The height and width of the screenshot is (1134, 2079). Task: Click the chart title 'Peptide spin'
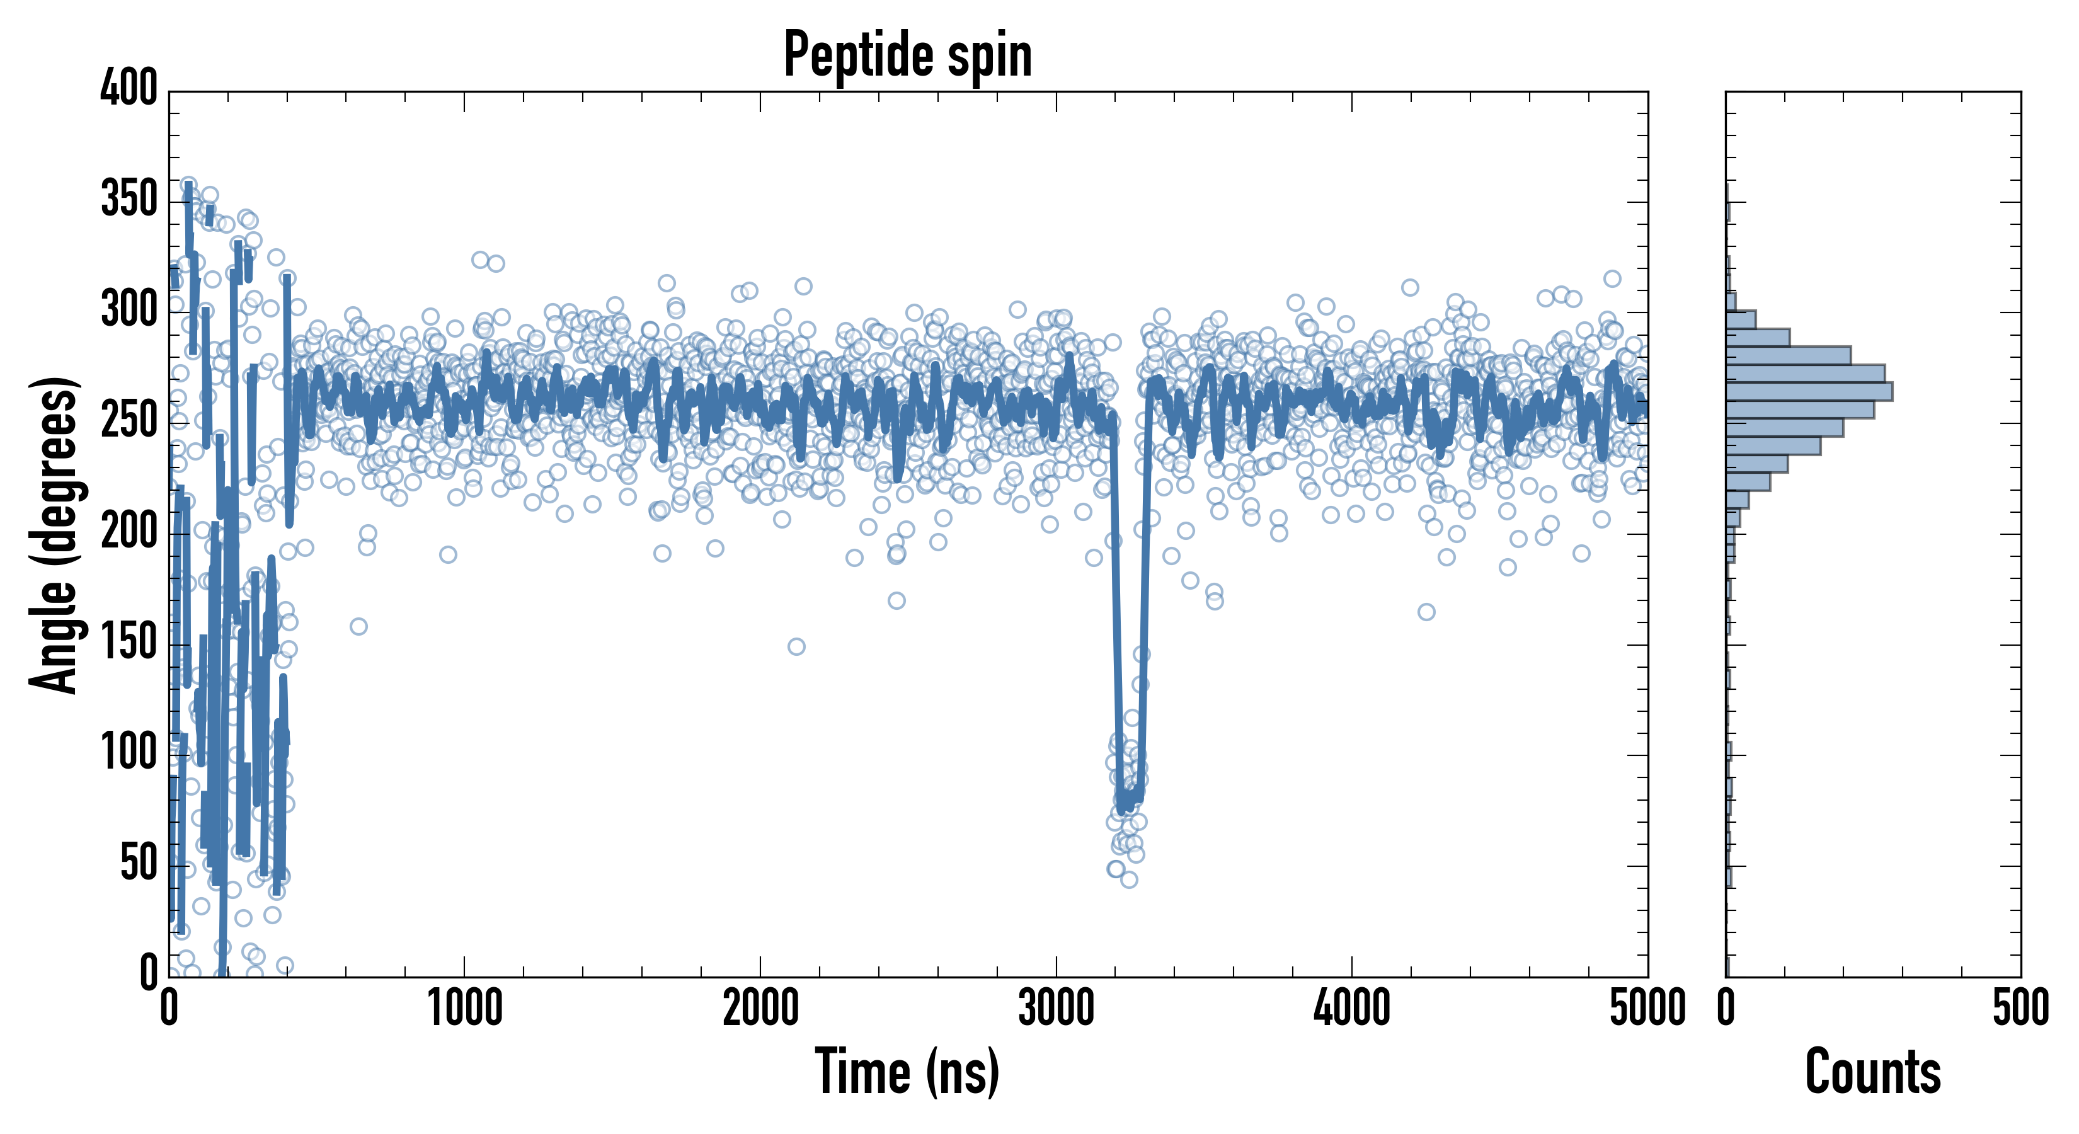[x=907, y=55]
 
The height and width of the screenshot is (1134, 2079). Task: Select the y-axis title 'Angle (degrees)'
[x=54, y=534]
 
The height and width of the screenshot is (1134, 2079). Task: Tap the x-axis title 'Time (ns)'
[x=907, y=1072]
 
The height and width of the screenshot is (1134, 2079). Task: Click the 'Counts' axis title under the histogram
[x=1872, y=1072]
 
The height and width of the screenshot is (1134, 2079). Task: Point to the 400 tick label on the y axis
[x=129, y=87]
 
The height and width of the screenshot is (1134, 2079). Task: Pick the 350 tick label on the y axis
[x=129, y=198]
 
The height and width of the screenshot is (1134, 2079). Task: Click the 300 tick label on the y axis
[x=129, y=309]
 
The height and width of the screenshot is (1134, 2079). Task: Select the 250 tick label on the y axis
[x=129, y=420]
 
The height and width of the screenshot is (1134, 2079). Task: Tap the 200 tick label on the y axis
[x=129, y=531]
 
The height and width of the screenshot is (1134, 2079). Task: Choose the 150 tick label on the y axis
[x=129, y=643]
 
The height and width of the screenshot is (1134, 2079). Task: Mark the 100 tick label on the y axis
[x=129, y=753]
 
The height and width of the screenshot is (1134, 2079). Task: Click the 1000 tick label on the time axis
[x=465, y=1009]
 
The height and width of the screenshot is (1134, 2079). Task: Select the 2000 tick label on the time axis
[x=760, y=1009]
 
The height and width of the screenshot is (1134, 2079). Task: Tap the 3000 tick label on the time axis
[x=1056, y=1009]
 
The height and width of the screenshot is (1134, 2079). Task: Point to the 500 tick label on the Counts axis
[x=2020, y=1009]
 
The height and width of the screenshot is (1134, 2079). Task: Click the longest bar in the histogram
[x=1809, y=391]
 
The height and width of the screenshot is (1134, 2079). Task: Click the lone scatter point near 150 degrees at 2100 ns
[x=796, y=646]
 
